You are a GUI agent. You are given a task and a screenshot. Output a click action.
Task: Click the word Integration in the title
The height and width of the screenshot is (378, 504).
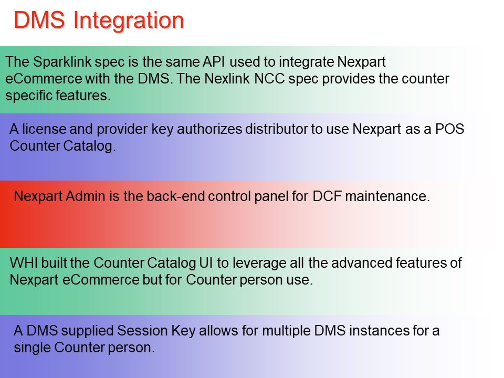129,21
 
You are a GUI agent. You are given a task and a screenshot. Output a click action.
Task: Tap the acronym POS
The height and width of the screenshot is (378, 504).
450,129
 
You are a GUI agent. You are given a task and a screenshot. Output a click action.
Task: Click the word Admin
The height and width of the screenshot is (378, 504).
86,196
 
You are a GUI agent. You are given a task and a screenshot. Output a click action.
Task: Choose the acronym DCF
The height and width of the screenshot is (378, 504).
327,196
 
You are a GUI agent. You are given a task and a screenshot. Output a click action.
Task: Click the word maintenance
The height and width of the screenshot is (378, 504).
387,196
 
